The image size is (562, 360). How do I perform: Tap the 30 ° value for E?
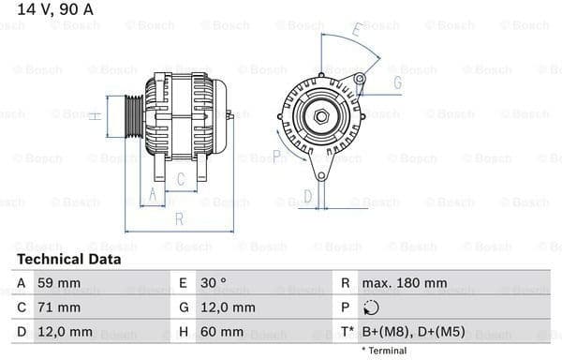point(213,283)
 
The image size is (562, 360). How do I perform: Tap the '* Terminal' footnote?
point(383,351)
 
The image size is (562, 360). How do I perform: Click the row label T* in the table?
point(348,332)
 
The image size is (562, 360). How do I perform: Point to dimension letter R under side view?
point(178,219)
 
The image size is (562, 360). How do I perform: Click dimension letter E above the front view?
point(357,31)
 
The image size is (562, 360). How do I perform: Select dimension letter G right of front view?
point(397,82)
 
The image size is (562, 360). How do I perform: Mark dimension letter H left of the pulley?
point(95,116)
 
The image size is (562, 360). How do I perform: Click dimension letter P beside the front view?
point(277,156)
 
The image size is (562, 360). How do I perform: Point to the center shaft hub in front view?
point(321,116)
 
